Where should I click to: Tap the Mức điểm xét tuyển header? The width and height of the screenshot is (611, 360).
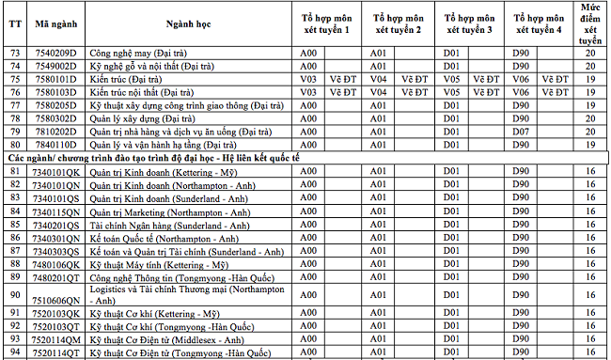point(590,29)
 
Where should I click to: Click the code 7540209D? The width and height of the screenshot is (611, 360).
point(56,53)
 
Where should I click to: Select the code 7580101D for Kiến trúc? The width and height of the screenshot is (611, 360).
point(56,79)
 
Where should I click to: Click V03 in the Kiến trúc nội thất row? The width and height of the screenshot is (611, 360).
point(307,92)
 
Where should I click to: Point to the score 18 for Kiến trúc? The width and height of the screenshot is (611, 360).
point(589,79)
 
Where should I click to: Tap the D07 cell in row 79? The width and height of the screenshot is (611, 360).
point(521,132)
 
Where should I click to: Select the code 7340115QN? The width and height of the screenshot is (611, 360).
point(56,211)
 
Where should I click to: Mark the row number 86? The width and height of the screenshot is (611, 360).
point(15,239)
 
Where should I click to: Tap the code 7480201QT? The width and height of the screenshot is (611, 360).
point(56,278)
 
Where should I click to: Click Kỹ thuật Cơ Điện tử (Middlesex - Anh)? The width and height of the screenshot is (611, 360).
point(166,338)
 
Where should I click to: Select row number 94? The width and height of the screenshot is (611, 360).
point(15,352)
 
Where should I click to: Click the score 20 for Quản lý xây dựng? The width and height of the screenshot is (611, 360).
point(589,118)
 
